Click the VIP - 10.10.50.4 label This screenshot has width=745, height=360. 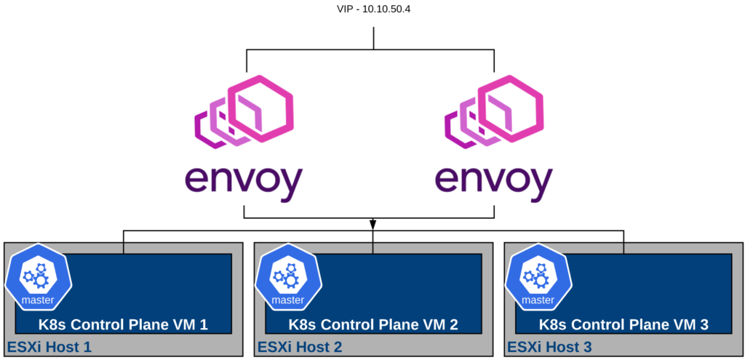pos(372,11)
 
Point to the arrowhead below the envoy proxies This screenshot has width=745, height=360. pos(372,223)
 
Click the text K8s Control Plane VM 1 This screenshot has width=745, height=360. pos(123,324)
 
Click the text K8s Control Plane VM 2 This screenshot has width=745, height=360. pos(373,324)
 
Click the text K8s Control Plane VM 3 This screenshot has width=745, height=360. pos(624,324)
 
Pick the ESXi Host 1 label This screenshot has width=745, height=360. pos(49,347)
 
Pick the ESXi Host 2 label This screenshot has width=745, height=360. pos(300,347)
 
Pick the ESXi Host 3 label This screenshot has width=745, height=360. pos(550,347)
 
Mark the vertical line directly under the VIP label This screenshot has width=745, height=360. pos(372,39)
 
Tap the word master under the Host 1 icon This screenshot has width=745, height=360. pos(38,300)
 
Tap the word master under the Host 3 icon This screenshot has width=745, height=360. pos(538,300)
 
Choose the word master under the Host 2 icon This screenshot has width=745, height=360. pos(288,300)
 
